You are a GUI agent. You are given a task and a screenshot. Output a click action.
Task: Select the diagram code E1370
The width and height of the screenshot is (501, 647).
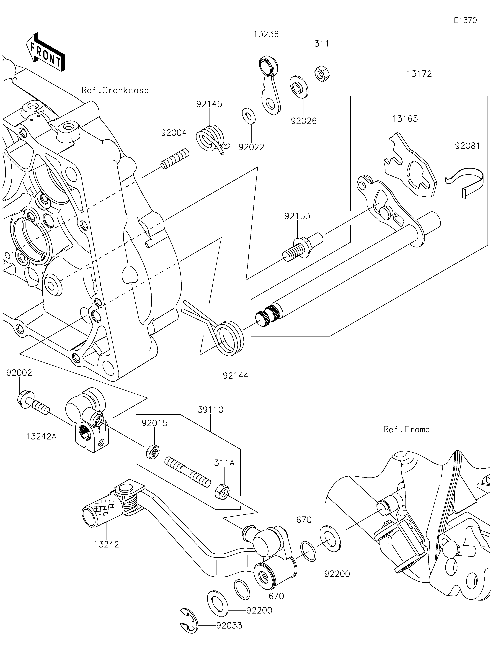(x=465, y=21)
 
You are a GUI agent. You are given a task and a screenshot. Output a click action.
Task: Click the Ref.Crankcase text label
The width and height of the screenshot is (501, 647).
(x=115, y=90)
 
